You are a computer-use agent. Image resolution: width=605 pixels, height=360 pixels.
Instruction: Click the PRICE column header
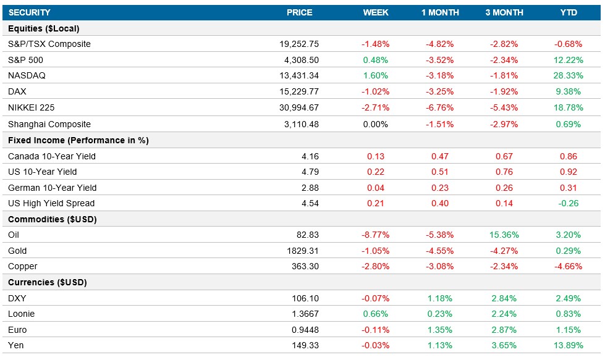[x=299, y=12]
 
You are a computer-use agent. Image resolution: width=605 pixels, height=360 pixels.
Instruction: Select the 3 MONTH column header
[x=504, y=12]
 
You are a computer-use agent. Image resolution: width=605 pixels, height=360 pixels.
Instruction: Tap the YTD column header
[x=568, y=12]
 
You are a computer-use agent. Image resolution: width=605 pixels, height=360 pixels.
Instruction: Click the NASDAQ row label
[x=27, y=76]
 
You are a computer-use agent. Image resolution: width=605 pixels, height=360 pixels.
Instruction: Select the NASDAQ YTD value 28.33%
[x=568, y=76]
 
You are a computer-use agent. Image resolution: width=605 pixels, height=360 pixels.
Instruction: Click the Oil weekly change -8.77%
[x=375, y=235]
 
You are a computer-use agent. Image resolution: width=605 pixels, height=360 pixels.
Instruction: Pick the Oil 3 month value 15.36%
[x=504, y=235]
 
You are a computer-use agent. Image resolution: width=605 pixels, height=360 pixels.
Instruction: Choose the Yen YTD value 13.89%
[x=568, y=345]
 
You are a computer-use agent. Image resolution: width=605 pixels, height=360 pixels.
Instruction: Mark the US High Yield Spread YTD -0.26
[x=569, y=203]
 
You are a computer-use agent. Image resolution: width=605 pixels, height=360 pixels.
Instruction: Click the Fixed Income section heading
[x=78, y=140]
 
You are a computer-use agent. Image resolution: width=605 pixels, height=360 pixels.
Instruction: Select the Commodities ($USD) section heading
[x=53, y=219]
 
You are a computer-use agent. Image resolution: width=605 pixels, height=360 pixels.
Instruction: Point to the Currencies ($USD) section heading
[x=48, y=282]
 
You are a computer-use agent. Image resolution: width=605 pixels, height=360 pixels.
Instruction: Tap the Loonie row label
[x=21, y=314]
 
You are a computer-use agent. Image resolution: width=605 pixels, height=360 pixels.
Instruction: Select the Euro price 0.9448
[x=305, y=330]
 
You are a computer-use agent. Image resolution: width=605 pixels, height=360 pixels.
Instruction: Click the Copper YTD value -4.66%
[x=568, y=267]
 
